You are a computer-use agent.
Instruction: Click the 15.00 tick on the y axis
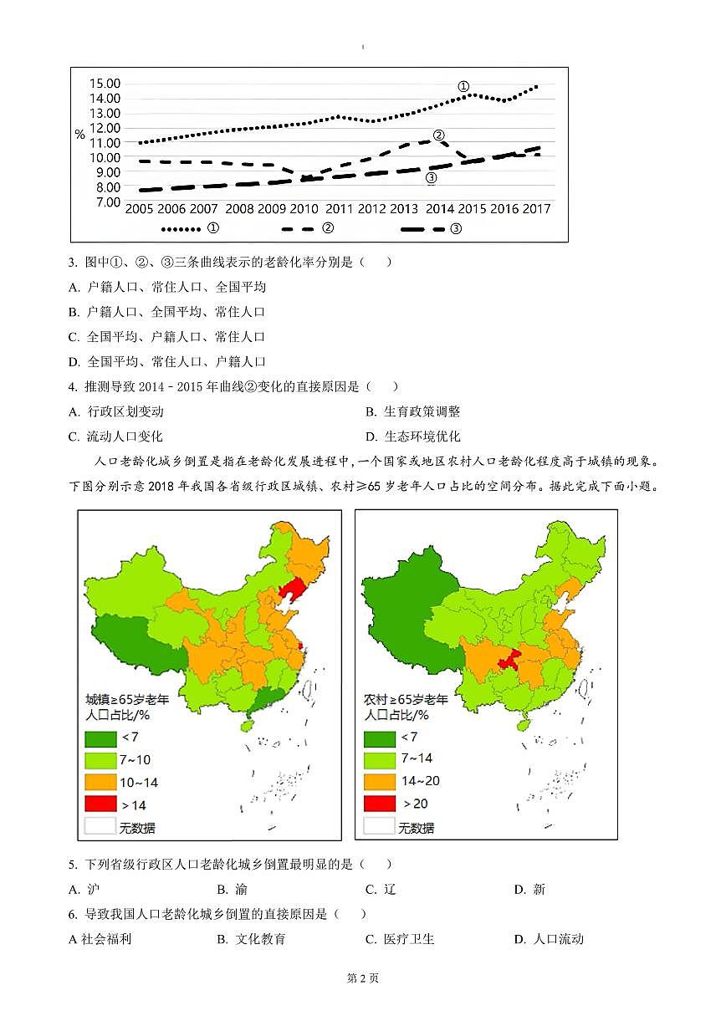(x=104, y=83)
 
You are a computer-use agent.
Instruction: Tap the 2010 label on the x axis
(x=304, y=209)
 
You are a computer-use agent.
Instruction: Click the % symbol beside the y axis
(x=79, y=134)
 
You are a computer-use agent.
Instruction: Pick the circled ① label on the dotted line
(x=463, y=86)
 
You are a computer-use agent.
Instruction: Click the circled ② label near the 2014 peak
(x=438, y=135)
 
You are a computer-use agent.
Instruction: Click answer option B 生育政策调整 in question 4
(x=414, y=411)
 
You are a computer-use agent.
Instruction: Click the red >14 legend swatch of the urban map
(x=100, y=805)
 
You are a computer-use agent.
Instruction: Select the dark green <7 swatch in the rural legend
(x=379, y=738)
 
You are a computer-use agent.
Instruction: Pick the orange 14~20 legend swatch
(x=379, y=781)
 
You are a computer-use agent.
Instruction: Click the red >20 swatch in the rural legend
(x=379, y=804)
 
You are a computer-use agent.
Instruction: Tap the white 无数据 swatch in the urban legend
(x=100, y=828)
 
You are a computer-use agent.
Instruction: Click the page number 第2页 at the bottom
(x=363, y=978)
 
